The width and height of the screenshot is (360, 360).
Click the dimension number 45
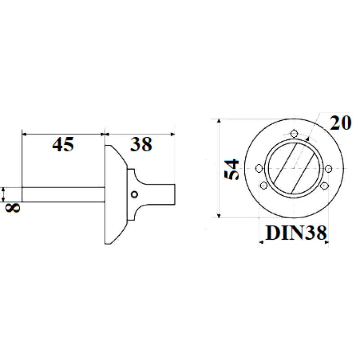click(x=63, y=144)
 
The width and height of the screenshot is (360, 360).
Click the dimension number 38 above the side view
click(x=141, y=144)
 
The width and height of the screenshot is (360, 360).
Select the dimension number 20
click(x=340, y=123)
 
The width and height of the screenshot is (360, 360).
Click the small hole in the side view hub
click(x=134, y=194)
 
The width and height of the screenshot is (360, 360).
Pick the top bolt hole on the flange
click(x=294, y=133)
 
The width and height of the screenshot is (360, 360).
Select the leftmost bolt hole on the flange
click(x=259, y=168)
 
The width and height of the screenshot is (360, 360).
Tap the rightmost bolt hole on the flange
click(x=328, y=168)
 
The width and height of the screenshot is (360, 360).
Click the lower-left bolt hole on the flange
click(x=264, y=185)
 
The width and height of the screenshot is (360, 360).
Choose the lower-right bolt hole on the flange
click(x=324, y=185)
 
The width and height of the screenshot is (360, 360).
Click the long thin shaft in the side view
click(x=63, y=194)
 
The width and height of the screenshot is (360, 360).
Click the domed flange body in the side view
click(x=115, y=194)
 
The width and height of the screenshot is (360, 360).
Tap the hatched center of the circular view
click(x=293, y=168)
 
